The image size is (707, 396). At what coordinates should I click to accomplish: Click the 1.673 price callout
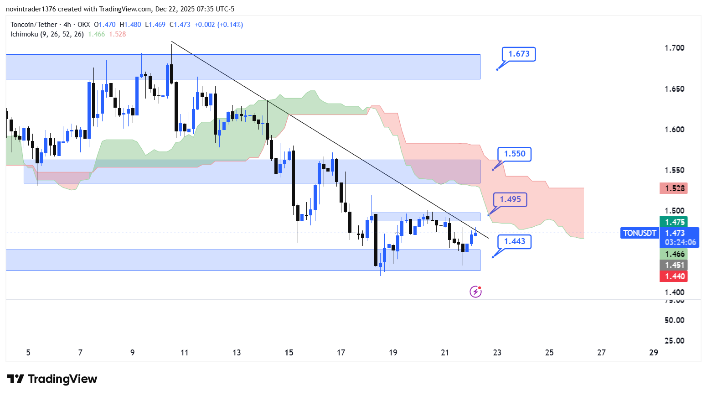pyautogui.click(x=519, y=54)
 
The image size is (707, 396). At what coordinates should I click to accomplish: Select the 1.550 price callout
pyautogui.click(x=514, y=154)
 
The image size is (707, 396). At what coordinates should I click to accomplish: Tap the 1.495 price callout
pyautogui.click(x=510, y=199)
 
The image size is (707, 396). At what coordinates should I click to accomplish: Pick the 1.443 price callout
pyautogui.click(x=514, y=241)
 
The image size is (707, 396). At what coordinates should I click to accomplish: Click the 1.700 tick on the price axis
pyautogui.click(x=674, y=48)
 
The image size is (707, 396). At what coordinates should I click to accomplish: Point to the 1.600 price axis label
pyautogui.click(x=674, y=130)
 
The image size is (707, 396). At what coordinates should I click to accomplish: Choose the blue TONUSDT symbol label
pyautogui.click(x=640, y=233)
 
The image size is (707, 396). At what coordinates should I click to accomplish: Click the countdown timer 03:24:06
pyautogui.click(x=680, y=242)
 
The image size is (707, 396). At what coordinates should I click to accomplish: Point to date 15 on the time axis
pyautogui.click(x=289, y=353)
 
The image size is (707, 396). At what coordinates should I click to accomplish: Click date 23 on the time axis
pyautogui.click(x=497, y=353)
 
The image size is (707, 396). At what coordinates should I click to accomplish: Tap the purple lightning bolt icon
pyautogui.click(x=475, y=292)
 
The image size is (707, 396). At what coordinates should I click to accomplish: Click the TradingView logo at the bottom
pyautogui.click(x=52, y=379)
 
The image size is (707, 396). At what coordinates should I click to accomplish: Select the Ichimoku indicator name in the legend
pyautogui.click(x=47, y=34)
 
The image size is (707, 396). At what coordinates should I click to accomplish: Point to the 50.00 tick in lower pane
pyautogui.click(x=674, y=320)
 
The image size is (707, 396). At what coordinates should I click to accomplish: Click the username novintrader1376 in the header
pyautogui.click(x=32, y=9)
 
